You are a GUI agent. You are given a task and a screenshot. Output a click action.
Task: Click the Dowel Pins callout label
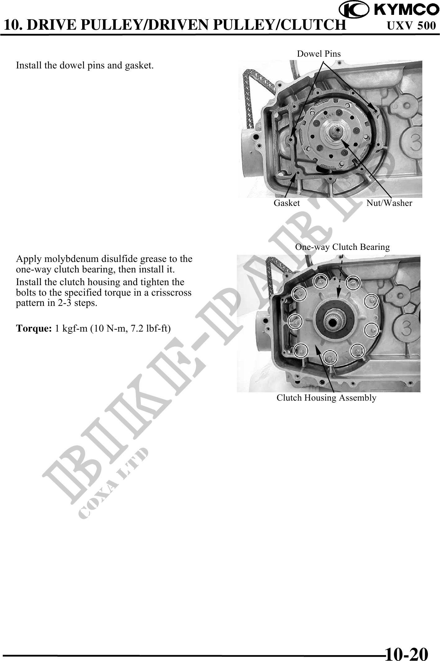(x=319, y=54)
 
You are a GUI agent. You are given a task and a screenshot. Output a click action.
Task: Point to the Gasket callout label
(x=287, y=203)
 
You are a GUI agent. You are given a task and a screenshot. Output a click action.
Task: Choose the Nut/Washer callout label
(x=389, y=203)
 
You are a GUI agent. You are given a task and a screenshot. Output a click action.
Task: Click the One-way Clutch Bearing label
(x=342, y=247)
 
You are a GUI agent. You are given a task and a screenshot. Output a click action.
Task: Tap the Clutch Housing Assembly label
(x=327, y=398)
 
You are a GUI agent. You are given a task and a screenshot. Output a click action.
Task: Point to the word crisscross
(x=171, y=293)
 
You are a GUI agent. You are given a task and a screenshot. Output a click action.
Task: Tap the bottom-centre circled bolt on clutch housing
(x=330, y=357)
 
